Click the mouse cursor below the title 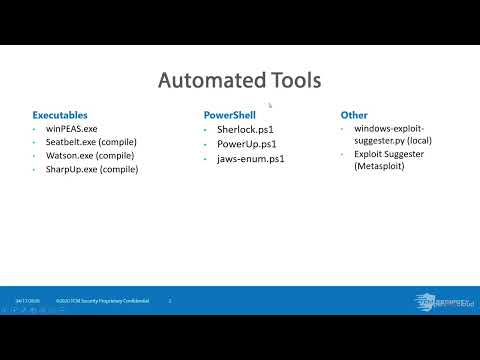pyautogui.click(x=270, y=103)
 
